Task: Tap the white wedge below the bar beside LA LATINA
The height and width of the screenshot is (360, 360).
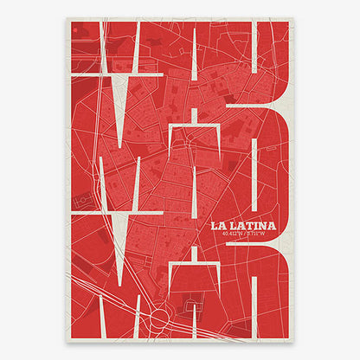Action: (x=135, y=234)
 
